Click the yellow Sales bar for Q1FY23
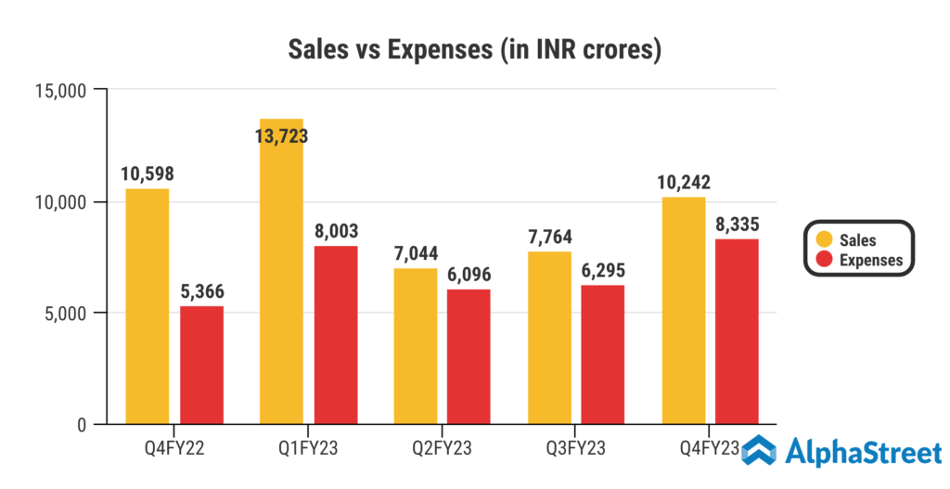point(281,278)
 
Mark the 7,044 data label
point(415,253)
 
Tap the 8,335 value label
point(736,224)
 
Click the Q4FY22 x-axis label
point(175,450)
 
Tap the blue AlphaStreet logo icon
point(758,454)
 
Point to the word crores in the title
point(614,50)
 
